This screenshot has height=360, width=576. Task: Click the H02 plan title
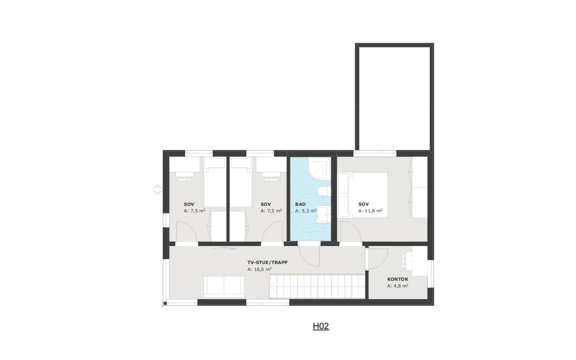coord(321,326)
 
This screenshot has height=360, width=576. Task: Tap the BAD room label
coord(300,204)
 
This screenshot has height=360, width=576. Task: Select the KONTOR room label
coord(397,279)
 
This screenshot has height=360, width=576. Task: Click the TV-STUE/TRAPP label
coord(267,262)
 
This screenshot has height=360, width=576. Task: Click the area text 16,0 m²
coord(263,269)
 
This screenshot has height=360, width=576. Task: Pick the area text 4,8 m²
coord(401,286)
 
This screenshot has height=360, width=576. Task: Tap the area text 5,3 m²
coord(309,211)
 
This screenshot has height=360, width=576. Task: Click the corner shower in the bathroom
coord(319,168)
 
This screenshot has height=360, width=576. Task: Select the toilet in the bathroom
coord(324,191)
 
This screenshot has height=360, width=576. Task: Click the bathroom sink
coord(324,214)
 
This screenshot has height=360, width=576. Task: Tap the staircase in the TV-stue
coord(317,287)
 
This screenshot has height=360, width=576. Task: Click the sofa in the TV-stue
coord(224,287)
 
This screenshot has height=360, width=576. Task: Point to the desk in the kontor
coord(420,261)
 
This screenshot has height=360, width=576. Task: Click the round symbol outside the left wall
coord(157,190)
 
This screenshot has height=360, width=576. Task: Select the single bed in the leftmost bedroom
coord(215,183)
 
